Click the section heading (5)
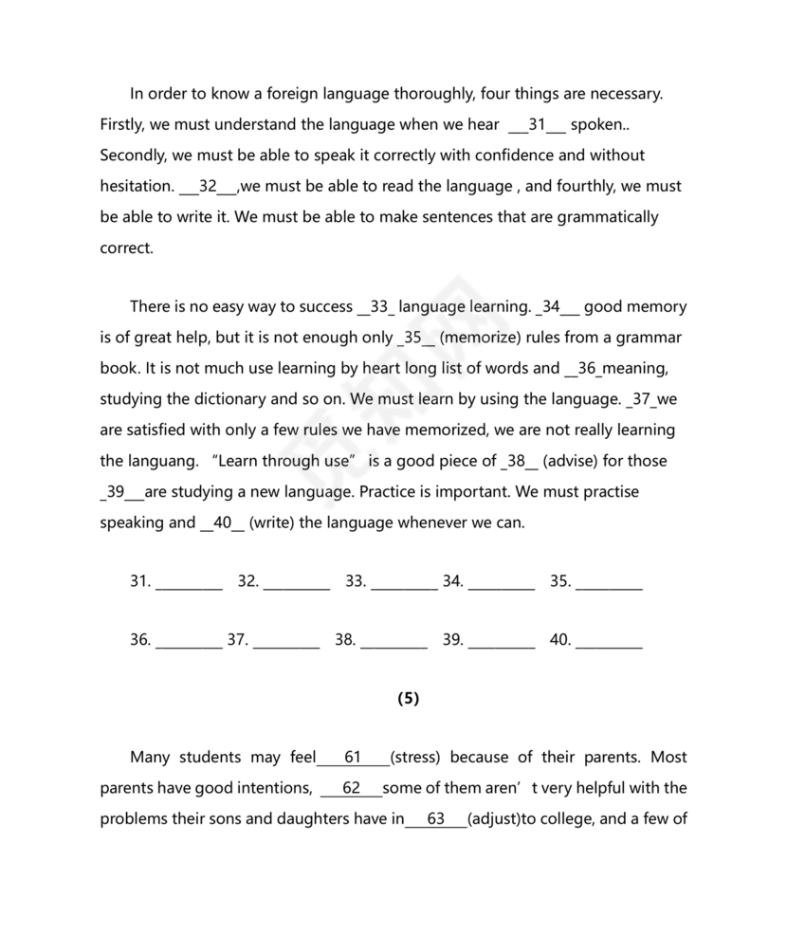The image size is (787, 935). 408,699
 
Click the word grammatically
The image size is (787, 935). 601,216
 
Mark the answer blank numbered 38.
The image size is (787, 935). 393,641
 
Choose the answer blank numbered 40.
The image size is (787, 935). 609,641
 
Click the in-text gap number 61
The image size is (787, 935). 353,758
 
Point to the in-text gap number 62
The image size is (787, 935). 351,789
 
